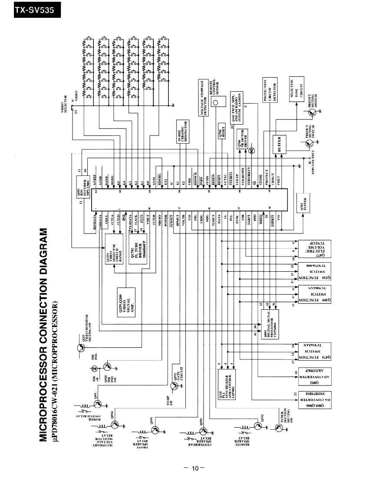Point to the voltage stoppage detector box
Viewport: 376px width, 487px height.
[x=204, y=98]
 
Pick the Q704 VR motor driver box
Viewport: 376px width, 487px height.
[x=243, y=139]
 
